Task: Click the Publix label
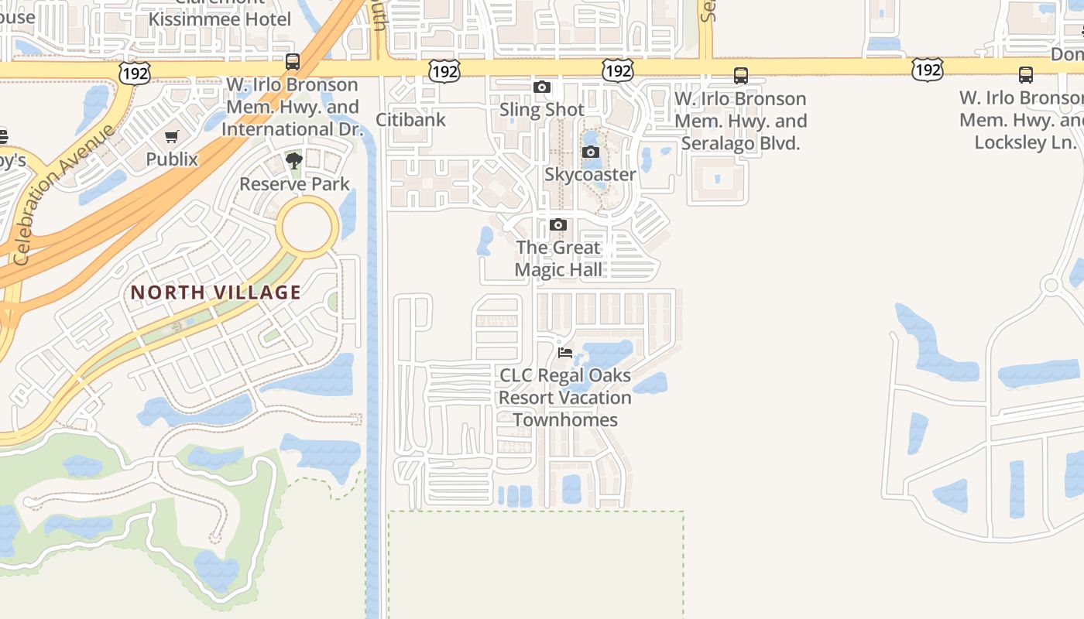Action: [172, 159]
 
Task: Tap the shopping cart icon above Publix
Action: [172, 137]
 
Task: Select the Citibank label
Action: [410, 120]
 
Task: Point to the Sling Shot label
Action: [542, 110]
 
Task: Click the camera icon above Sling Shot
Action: [542, 87]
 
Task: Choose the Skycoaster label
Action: [590, 175]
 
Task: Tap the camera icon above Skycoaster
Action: [591, 152]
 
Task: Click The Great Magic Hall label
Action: [557, 258]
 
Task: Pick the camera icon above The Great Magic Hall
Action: [557, 225]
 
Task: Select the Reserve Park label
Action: [294, 184]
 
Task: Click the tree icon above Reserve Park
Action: [293, 161]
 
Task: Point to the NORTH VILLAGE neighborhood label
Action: [215, 292]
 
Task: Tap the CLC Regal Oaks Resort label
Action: [564, 398]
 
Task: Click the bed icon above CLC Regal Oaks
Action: [565, 353]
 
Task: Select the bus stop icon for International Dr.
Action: [293, 62]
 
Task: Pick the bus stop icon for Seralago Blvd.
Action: [741, 76]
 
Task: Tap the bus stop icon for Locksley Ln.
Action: [1026, 75]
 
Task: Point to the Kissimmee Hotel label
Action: [220, 19]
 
